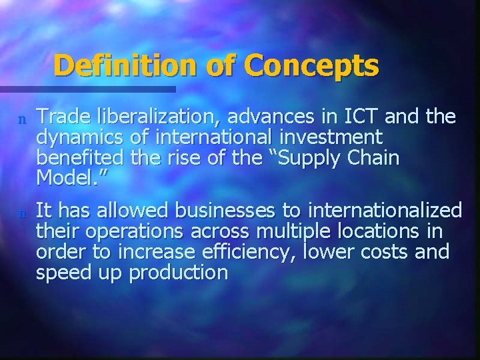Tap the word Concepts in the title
(311, 65)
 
